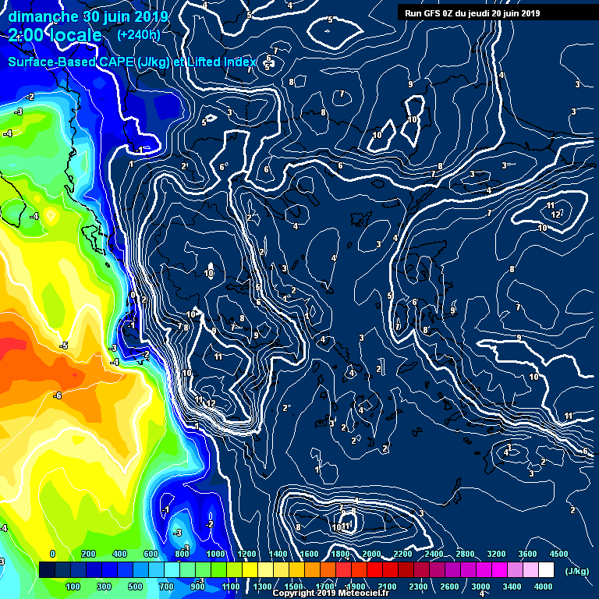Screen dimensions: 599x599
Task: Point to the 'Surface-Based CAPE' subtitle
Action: [71, 62]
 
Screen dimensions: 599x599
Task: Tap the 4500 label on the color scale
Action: [559, 554]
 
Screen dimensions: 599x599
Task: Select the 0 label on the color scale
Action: [52, 554]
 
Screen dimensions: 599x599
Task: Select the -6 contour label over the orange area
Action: [57, 395]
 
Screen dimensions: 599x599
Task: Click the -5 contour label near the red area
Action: [65, 345]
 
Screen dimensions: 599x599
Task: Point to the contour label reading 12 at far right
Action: [555, 214]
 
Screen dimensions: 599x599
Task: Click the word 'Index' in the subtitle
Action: [237, 62]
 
